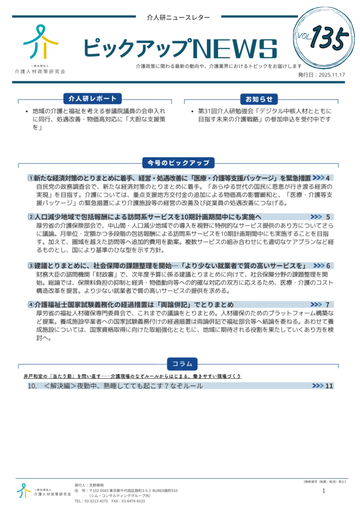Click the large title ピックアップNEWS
[180, 48]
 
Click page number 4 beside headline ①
[328, 177]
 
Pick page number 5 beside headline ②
[328, 217]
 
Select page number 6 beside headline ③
[328, 265]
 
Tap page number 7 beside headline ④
[328, 304]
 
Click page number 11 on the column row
[329, 386]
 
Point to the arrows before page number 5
[316, 217]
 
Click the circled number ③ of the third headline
[31, 265]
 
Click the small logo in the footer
[23, 490]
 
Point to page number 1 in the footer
[324, 491]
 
